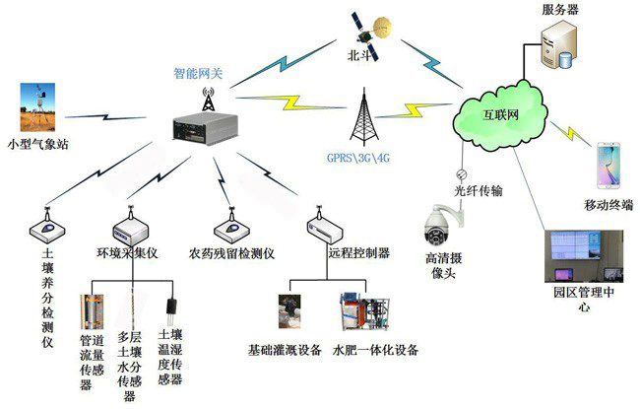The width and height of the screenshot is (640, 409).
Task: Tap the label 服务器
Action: tap(559, 9)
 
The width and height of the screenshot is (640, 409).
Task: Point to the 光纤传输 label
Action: tap(479, 189)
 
